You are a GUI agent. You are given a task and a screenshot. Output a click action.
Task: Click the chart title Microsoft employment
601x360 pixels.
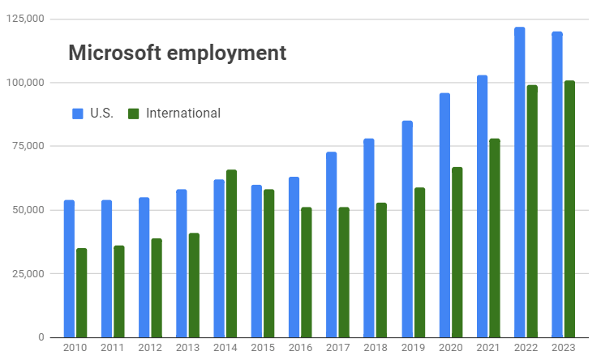177,54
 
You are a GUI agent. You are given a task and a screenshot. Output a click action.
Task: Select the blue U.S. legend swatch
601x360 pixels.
78,114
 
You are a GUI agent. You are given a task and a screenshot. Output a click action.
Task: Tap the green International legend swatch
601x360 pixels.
134,114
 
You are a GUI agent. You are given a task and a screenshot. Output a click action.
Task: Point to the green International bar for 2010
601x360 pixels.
82,293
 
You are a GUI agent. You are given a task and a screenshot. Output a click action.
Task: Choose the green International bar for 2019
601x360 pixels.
419,263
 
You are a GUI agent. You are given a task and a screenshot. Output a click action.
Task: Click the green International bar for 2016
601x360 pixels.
307,272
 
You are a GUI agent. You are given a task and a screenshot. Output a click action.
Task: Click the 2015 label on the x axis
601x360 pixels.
263,348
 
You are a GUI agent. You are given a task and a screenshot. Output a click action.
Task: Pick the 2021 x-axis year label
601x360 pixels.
488,348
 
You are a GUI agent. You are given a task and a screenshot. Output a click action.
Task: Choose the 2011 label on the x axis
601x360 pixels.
113,348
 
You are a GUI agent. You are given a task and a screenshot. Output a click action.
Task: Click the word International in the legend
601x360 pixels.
183,114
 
